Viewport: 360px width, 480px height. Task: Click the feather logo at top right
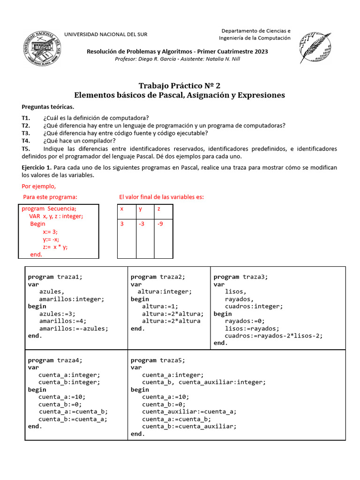coord(315,48)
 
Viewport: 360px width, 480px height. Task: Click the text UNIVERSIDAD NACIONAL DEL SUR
coord(102,35)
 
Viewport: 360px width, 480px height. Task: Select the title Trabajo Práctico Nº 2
coord(180,85)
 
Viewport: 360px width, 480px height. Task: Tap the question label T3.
coord(26,133)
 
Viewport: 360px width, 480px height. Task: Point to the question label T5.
coord(26,149)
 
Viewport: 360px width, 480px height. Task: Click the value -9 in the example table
coord(161,224)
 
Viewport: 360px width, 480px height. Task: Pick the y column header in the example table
coord(140,209)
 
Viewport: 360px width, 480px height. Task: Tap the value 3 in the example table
coord(122,224)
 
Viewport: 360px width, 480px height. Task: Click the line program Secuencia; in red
coord(49,209)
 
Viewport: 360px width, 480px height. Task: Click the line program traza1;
coord(55,277)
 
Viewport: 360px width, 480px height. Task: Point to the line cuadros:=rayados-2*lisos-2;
coord(274,336)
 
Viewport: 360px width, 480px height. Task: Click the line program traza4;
coord(55,360)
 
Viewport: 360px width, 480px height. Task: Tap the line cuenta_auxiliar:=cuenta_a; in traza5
coord(189,412)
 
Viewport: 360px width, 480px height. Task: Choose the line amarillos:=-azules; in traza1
coord(74,329)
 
